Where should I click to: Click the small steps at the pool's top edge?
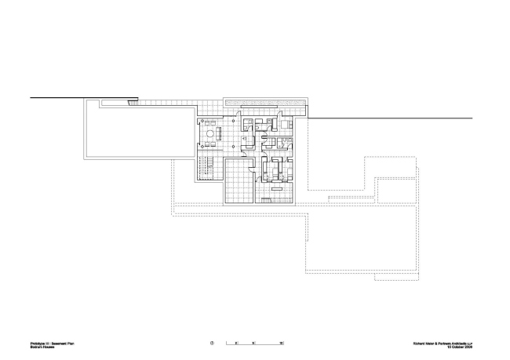[x=133, y=103]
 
